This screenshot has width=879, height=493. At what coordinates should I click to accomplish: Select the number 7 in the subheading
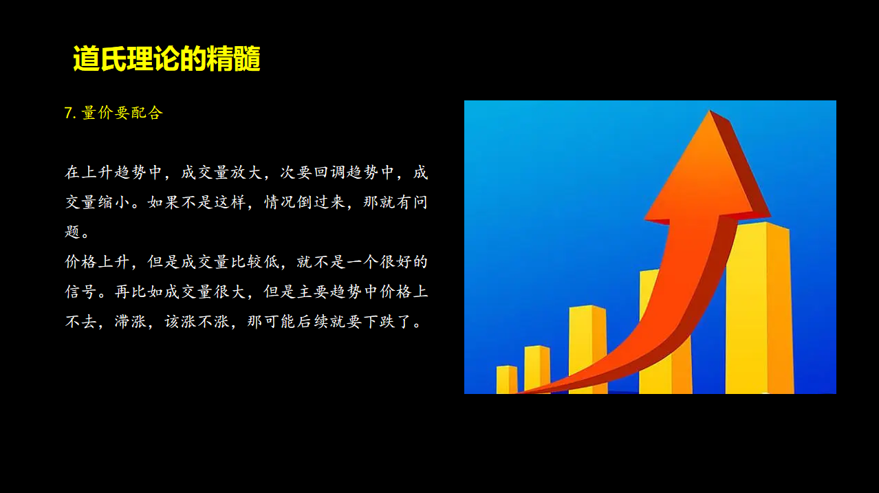pos(68,113)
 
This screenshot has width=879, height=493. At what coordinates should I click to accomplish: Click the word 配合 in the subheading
pos(146,113)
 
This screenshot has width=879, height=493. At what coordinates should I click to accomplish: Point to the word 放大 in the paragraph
pos(246,173)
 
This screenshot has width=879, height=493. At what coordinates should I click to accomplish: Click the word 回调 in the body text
pos(329,173)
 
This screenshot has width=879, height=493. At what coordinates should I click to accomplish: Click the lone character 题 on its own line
pos(73,232)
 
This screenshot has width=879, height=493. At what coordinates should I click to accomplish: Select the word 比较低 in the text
pos(254,262)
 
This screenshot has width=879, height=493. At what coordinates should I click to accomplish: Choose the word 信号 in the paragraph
pos(80,292)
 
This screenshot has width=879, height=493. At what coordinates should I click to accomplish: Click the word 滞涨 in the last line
pos(130,322)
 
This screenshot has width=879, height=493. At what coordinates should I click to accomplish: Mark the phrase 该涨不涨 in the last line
pos(197,322)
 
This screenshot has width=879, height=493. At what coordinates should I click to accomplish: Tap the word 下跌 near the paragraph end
pos(379,322)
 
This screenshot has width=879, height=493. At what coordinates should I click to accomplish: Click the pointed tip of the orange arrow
pos(710,111)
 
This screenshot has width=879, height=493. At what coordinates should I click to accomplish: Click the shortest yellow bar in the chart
pos(507,380)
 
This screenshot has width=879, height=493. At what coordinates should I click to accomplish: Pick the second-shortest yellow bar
pos(536,370)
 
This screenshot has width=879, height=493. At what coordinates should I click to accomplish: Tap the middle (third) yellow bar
pos(587,349)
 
